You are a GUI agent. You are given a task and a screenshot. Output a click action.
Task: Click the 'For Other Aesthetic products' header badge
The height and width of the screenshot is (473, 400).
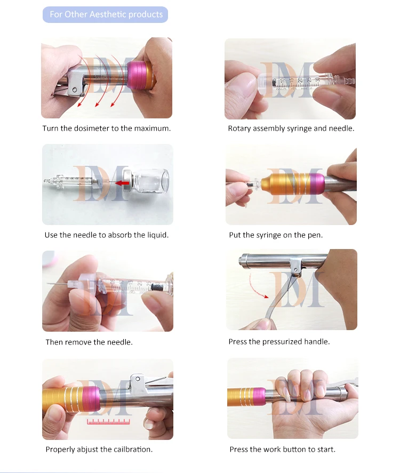click(106, 14)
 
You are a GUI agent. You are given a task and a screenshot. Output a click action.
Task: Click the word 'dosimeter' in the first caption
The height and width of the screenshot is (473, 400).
click(91, 129)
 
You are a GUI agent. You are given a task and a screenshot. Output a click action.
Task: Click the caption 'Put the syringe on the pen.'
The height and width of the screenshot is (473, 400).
click(276, 235)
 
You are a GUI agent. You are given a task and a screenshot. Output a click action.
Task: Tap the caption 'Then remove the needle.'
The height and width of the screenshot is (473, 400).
click(89, 342)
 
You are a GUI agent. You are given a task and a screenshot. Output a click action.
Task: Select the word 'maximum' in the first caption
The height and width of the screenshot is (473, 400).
click(154, 129)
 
